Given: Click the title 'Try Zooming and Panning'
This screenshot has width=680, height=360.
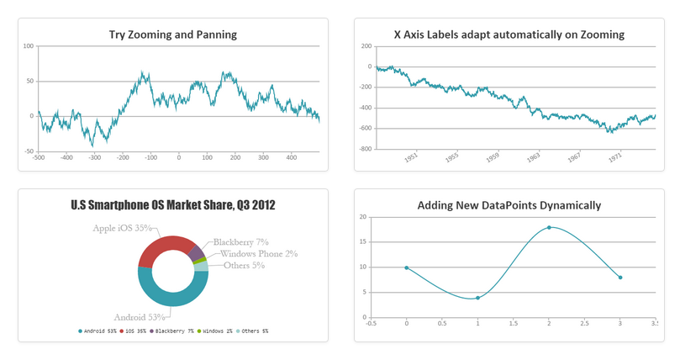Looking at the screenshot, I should coord(172,34).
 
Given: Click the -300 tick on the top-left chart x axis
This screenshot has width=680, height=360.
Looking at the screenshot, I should coord(94,157).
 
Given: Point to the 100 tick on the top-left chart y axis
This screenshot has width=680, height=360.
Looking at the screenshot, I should coord(28,46).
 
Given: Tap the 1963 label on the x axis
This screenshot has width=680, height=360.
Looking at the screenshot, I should coord(532,157).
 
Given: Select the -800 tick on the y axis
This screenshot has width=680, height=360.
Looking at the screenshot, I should coord(365,149).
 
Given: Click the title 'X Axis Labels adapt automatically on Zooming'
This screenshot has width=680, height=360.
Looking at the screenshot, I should coord(509,34).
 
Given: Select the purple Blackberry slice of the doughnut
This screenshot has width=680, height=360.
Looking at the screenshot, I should coord(196,252).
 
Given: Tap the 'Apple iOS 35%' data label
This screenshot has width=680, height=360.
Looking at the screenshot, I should coord(123,228).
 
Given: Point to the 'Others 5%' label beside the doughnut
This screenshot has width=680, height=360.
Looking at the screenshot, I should coord(244,266).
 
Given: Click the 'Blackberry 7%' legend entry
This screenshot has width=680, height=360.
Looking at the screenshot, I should coord(171,331).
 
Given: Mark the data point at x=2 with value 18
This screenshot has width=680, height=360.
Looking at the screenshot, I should coord(549,227).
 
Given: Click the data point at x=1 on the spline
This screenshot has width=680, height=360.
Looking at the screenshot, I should coord(477,298).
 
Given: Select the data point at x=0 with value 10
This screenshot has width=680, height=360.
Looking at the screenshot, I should coord(407,267).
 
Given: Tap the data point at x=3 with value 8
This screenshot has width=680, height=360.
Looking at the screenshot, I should coord(620,278).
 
